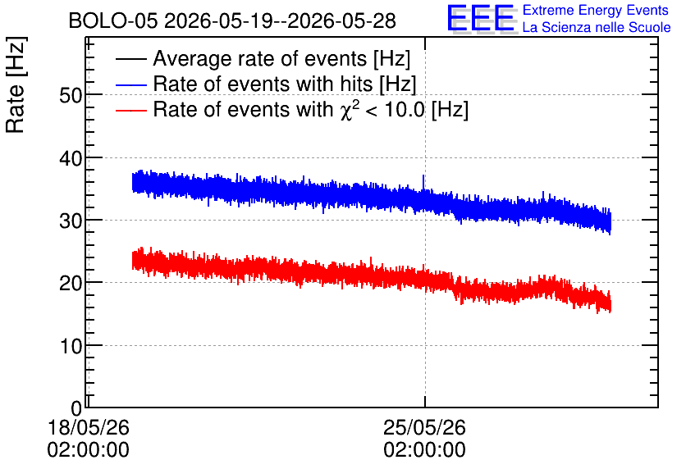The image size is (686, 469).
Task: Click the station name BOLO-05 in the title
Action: (113, 21)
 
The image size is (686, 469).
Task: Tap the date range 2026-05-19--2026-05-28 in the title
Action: (280, 21)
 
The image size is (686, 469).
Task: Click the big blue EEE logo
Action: (481, 18)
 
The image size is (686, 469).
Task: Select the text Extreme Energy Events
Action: (596, 10)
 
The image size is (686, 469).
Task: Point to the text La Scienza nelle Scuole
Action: (597, 28)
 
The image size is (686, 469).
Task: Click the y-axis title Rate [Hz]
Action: (16, 84)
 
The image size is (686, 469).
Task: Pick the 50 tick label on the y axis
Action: (71, 95)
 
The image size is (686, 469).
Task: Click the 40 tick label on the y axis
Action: (71, 158)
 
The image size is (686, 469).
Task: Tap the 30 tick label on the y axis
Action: (71, 221)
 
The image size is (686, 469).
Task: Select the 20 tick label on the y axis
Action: (71, 283)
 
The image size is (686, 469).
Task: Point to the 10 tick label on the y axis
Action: (71, 346)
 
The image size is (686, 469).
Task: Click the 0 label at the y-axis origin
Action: (76, 408)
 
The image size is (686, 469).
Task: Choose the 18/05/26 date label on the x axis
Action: (89, 427)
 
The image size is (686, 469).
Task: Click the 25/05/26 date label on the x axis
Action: (424, 427)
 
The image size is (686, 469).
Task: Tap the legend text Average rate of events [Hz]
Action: (281, 58)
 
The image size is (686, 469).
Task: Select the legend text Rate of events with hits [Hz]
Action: (285, 84)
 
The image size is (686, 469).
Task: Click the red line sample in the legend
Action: (131, 110)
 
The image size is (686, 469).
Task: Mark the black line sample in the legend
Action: (131, 59)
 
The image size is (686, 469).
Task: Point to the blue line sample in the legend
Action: (131, 84)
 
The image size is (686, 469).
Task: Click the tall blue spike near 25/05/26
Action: (423, 183)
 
